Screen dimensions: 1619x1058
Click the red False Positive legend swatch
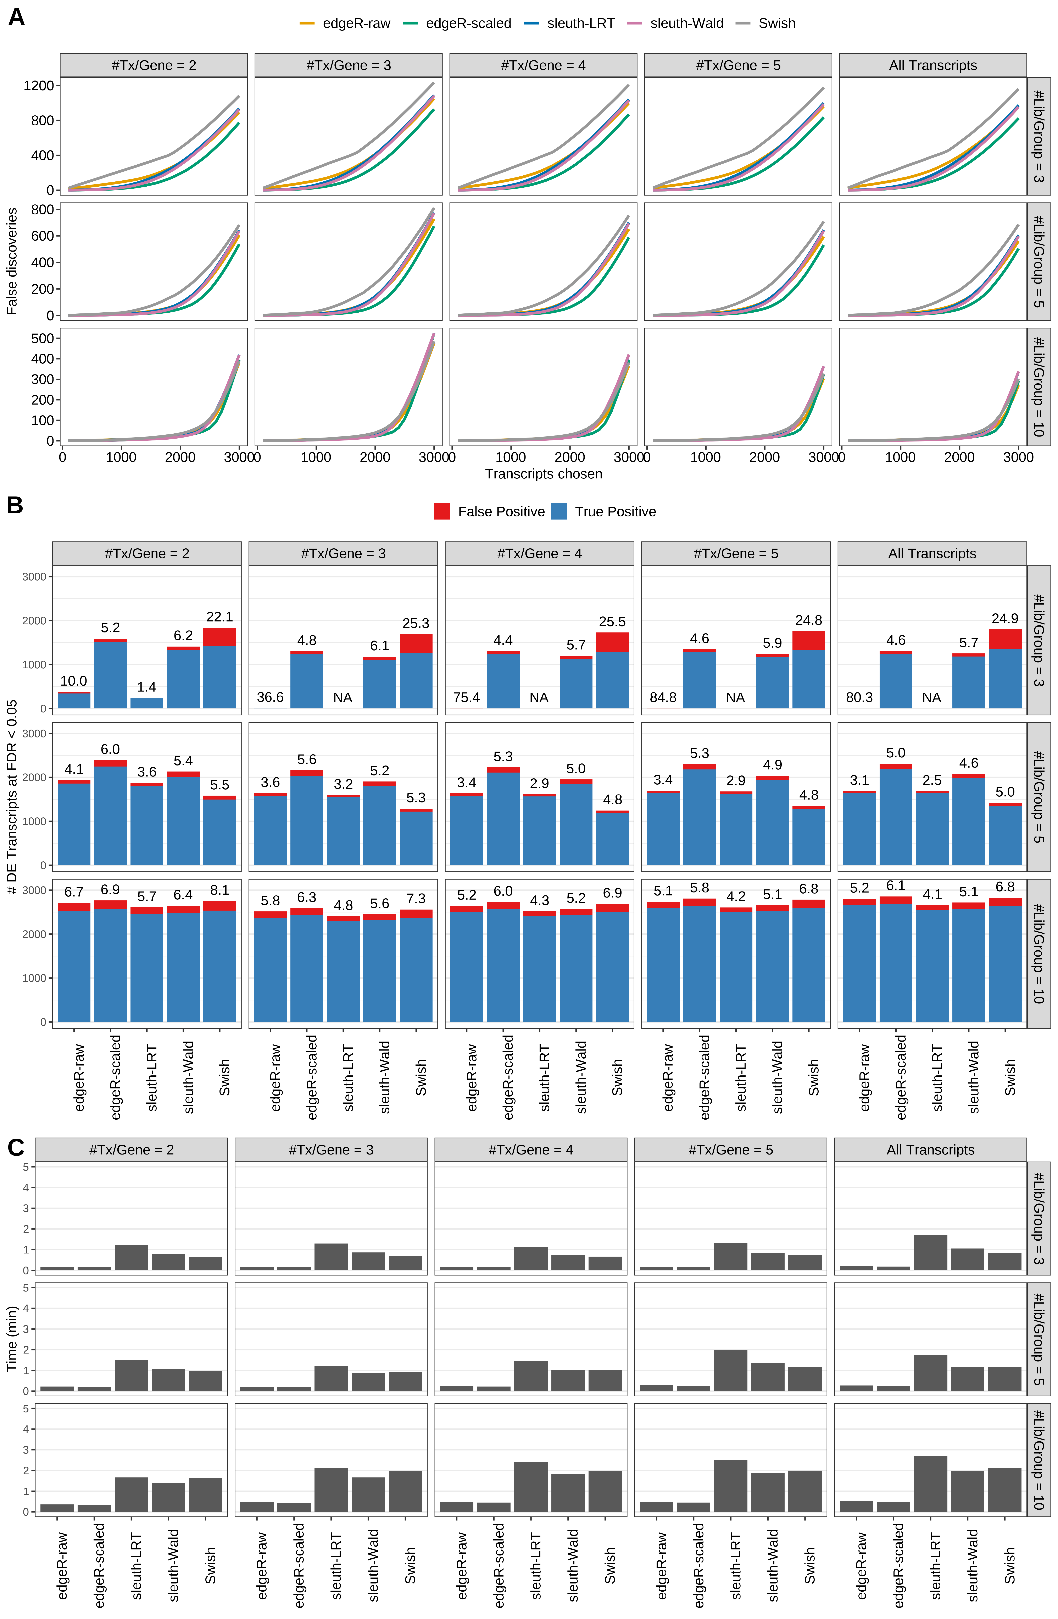coord(442,512)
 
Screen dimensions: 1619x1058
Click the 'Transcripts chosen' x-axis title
coord(543,474)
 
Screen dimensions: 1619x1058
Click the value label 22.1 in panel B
coord(220,617)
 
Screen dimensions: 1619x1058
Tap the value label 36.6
coord(270,697)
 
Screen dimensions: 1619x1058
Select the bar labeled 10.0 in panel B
coord(74,700)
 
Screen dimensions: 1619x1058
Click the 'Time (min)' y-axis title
coord(12,1339)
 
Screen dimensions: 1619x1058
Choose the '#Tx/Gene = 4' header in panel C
coord(530,1150)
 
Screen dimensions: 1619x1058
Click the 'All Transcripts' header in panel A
coord(932,65)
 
